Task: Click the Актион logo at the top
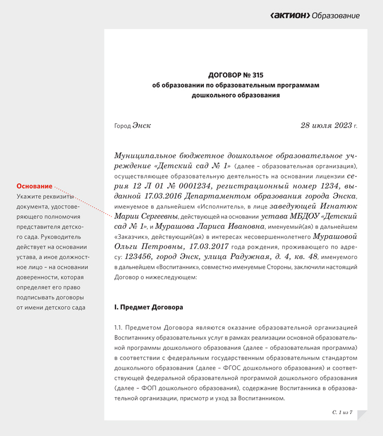290,16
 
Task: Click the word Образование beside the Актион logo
336,16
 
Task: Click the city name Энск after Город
142,126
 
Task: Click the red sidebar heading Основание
34,186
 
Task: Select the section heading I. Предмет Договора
148,307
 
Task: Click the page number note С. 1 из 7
342,412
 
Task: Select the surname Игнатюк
340,206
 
